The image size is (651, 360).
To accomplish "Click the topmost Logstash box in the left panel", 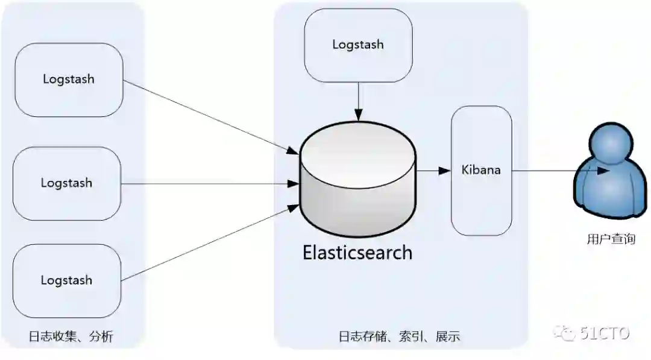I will point(68,80).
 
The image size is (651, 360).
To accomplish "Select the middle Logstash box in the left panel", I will point(66,183).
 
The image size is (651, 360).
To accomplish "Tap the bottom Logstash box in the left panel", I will point(66,280).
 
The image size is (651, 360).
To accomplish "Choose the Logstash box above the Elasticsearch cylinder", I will point(358,45).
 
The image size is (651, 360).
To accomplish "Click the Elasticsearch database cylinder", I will point(359,181).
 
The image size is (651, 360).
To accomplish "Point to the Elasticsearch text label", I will point(357,252).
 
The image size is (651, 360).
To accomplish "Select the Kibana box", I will point(481,170).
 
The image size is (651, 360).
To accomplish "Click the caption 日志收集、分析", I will point(71,337).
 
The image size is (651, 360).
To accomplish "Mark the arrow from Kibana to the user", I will point(555,171).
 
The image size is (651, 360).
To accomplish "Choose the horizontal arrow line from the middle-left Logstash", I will point(211,183).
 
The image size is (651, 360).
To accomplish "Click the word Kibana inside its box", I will point(481,169).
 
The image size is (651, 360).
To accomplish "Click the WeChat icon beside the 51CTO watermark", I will point(567,333).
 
